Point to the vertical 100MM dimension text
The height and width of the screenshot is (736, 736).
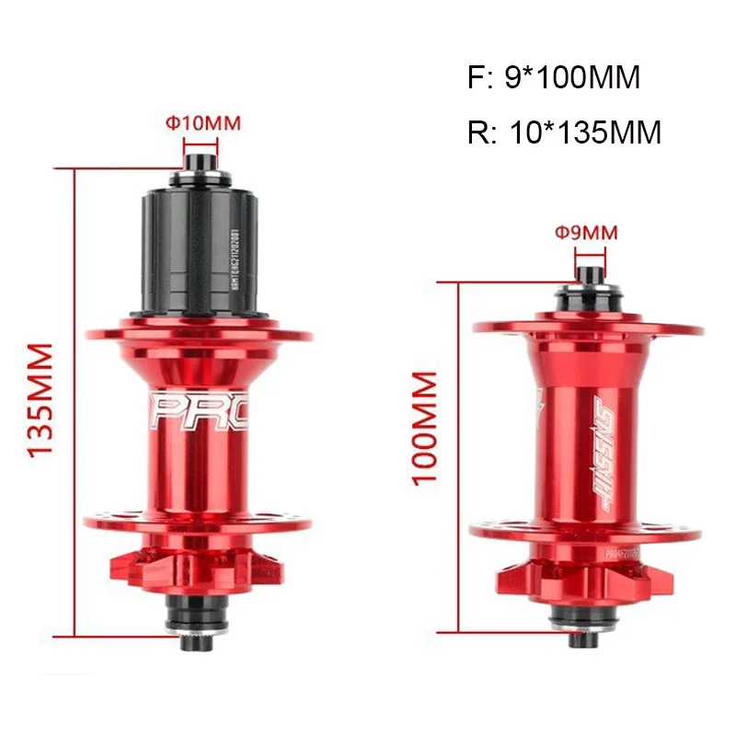425,429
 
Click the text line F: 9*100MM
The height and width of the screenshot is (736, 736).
553,78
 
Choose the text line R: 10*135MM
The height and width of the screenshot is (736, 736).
564,132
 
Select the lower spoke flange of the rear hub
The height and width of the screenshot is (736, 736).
200,523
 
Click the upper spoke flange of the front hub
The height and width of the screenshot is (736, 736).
588,327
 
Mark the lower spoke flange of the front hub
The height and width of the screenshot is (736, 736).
588,532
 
